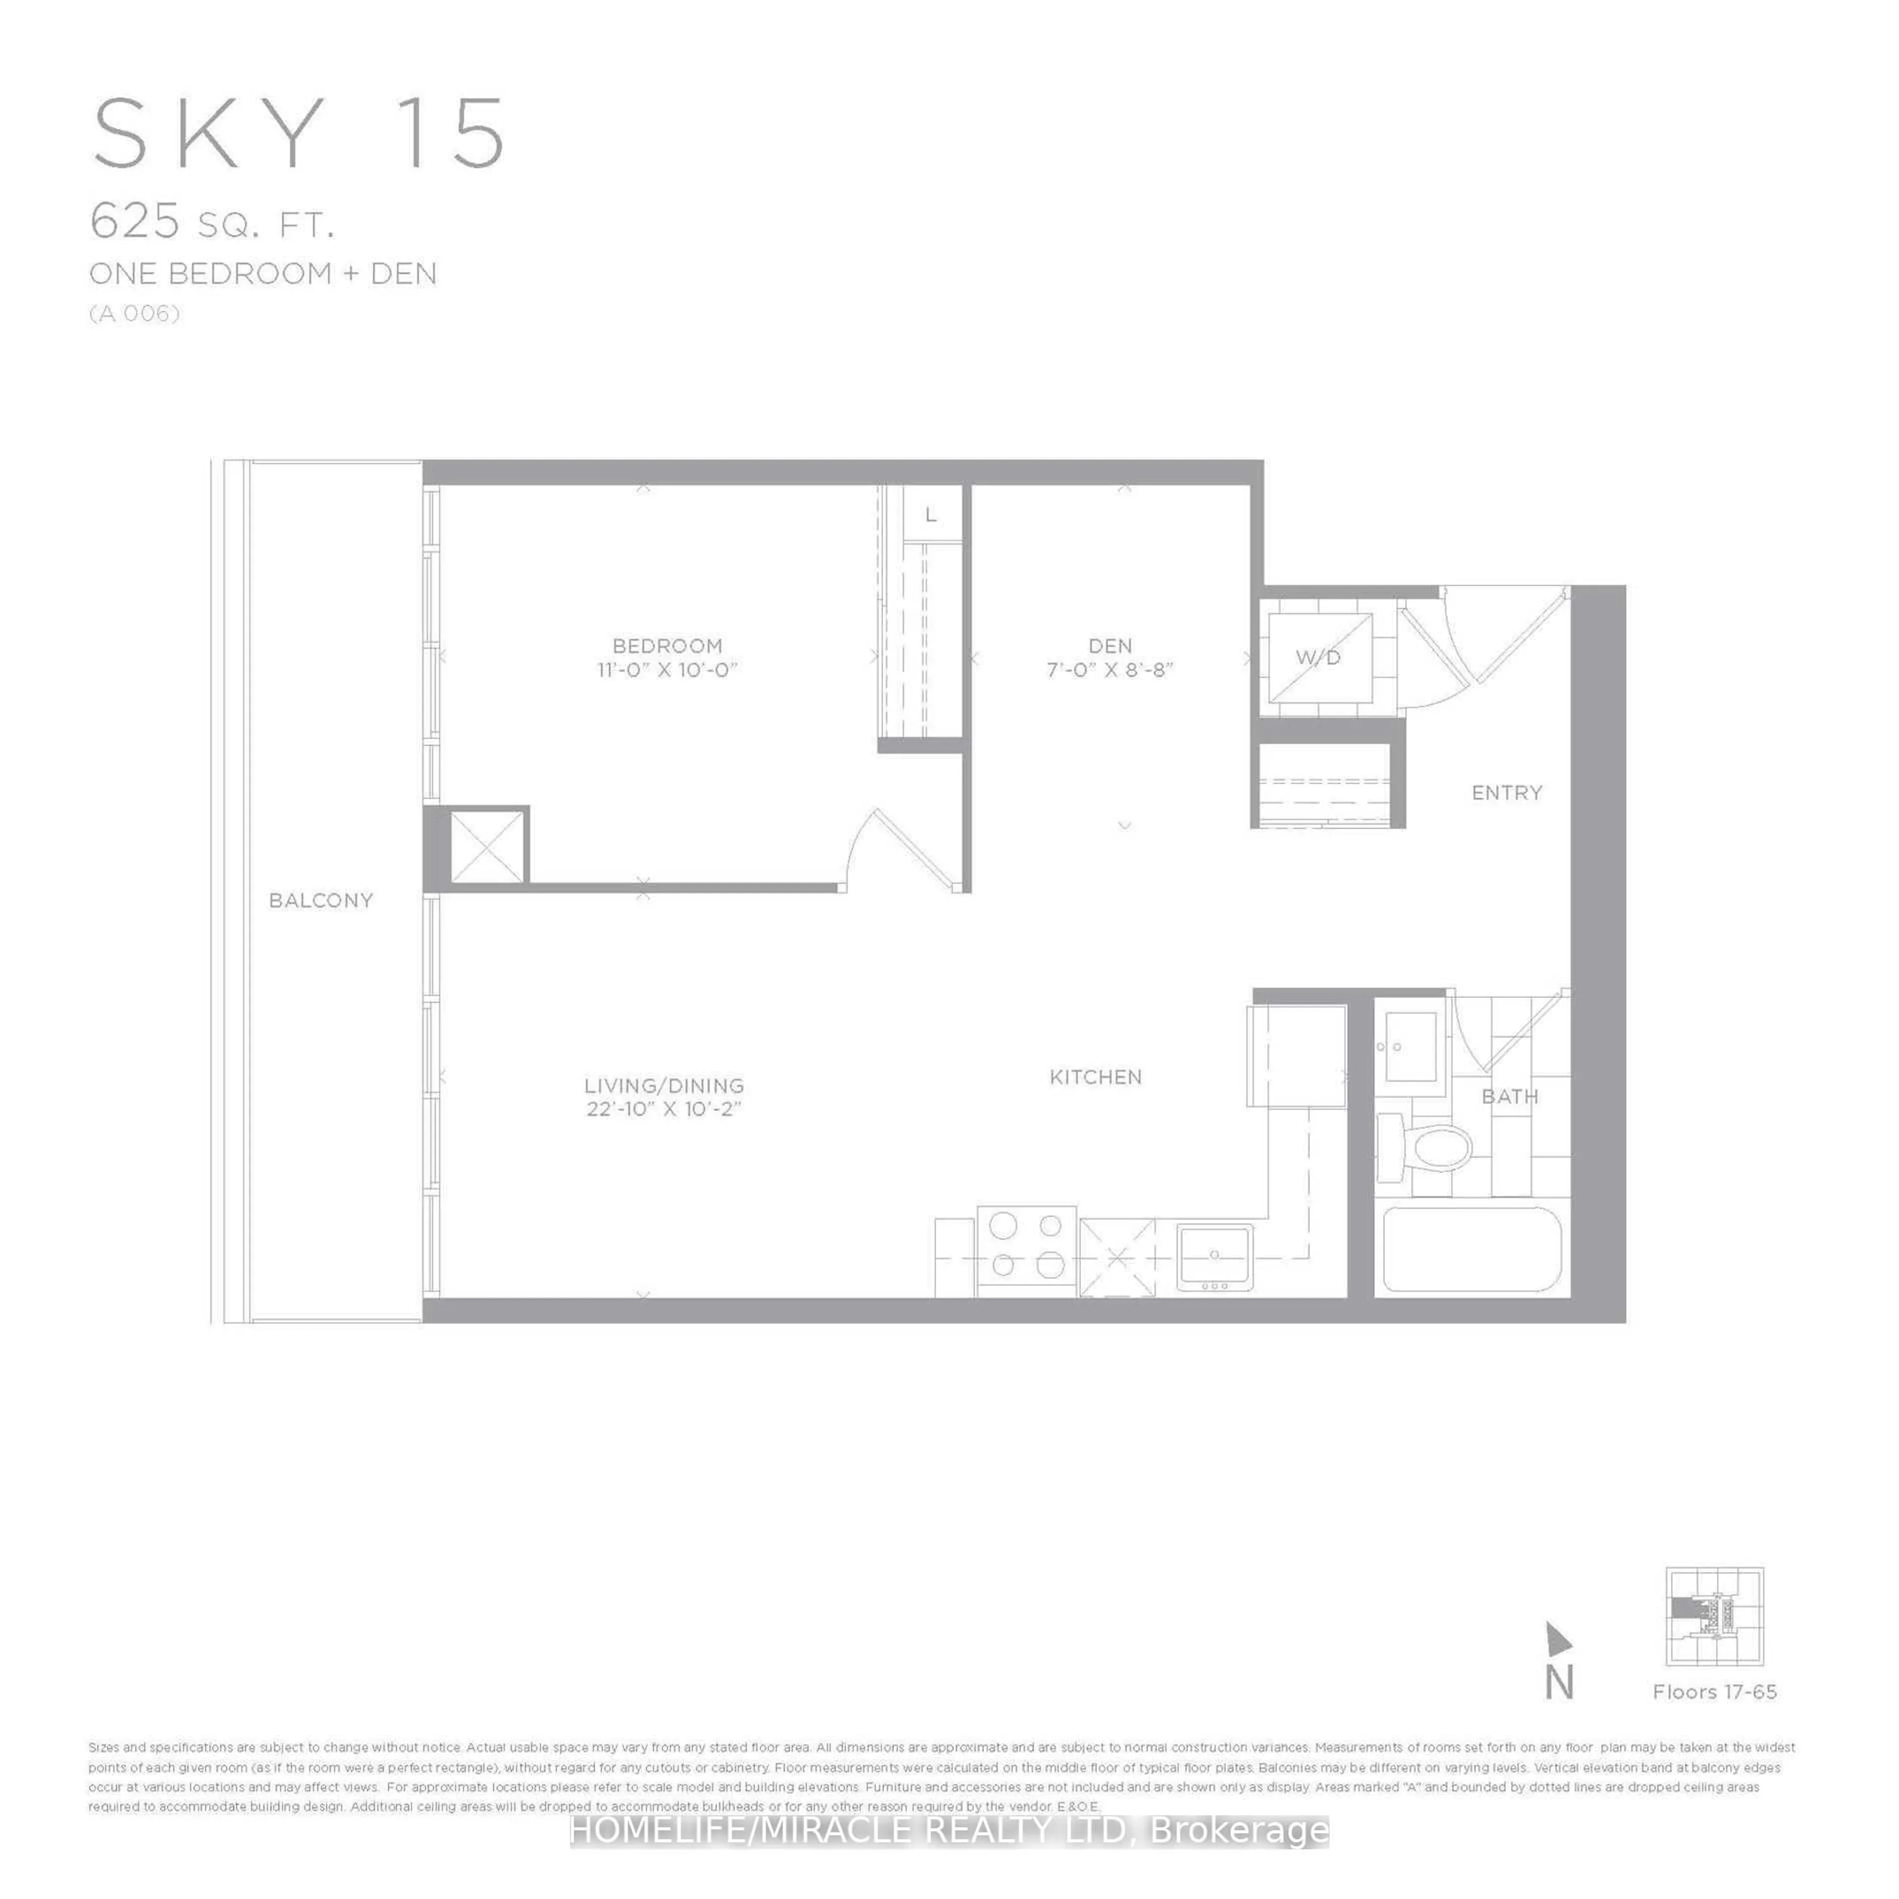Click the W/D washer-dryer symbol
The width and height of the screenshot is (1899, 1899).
tap(1319, 658)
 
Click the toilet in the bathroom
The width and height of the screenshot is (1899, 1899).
tap(1425, 1146)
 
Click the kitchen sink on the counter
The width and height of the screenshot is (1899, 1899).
tap(1215, 1256)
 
